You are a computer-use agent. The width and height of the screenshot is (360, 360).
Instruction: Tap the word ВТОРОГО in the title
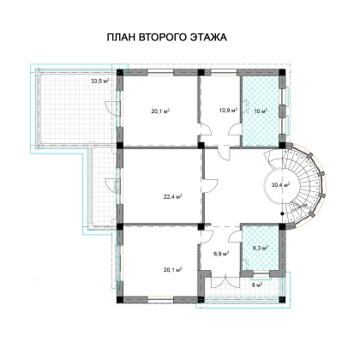(x=162, y=38)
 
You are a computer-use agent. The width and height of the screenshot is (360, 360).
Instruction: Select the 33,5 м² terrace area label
(x=100, y=81)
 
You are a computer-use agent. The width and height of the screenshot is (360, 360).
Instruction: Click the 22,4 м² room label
(x=173, y=196)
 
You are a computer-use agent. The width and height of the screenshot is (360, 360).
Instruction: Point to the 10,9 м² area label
(x=228, y=110)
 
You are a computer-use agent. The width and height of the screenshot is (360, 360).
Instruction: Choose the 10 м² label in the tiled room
(x=261, y=111)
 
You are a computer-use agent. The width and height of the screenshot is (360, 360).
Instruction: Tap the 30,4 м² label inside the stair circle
(x=280, y=185)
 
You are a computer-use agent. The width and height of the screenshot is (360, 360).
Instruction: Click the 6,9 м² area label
(x=221, y=254)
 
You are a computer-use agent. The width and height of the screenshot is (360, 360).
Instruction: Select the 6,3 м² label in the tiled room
(x=261, y=248)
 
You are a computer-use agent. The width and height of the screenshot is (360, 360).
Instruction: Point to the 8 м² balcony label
(x=257, y=285)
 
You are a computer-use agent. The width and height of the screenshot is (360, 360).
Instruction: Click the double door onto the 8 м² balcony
(x=225, y=281)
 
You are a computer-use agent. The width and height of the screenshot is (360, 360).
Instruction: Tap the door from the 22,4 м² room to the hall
(x=210, y=186)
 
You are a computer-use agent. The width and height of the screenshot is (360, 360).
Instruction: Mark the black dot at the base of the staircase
(x=282, y=213)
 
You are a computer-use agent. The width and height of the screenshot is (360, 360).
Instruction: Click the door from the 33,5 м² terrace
(x=112, y=109)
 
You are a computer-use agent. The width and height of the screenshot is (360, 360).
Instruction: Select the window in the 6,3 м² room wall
(x=261, y=275)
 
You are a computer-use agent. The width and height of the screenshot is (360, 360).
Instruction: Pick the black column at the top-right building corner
(x=282, y=72)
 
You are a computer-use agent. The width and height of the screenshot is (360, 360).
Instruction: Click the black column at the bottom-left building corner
(x=120, y=299)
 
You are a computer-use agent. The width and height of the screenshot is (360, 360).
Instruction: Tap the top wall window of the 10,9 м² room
(x=224, y=72)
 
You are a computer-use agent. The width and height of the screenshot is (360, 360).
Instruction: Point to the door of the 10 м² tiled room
(x=246, y=106)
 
